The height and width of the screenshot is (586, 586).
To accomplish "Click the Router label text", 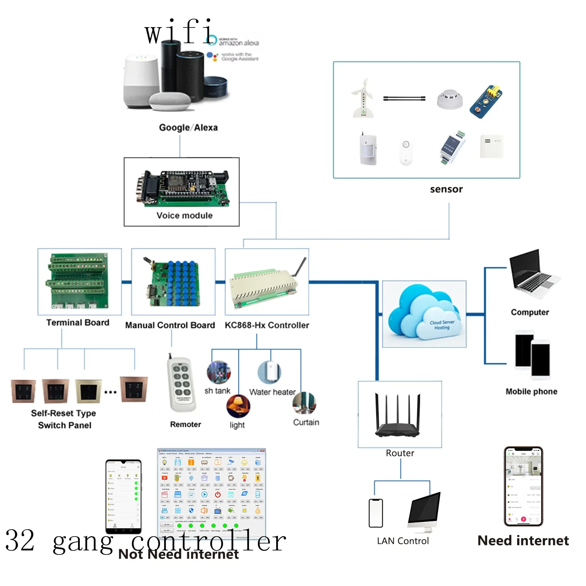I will pos(400,453).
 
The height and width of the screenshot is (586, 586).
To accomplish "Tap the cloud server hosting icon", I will pos(424,314).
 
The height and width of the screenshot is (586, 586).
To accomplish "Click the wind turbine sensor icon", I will pos(362,98).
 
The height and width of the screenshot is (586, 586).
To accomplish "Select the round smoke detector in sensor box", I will pos(450,99).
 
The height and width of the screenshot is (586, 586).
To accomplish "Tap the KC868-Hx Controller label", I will pos(267,325).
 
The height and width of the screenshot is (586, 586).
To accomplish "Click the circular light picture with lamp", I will pos(238,406).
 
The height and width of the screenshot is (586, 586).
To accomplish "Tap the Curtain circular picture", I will pos(304,403).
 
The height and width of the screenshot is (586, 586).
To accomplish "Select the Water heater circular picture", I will pos(269,372).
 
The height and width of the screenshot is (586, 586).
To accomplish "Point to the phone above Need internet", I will pos(523,486).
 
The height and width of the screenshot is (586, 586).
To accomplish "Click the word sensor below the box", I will pos(446,189).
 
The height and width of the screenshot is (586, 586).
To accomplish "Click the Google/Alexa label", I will pos(188,127).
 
